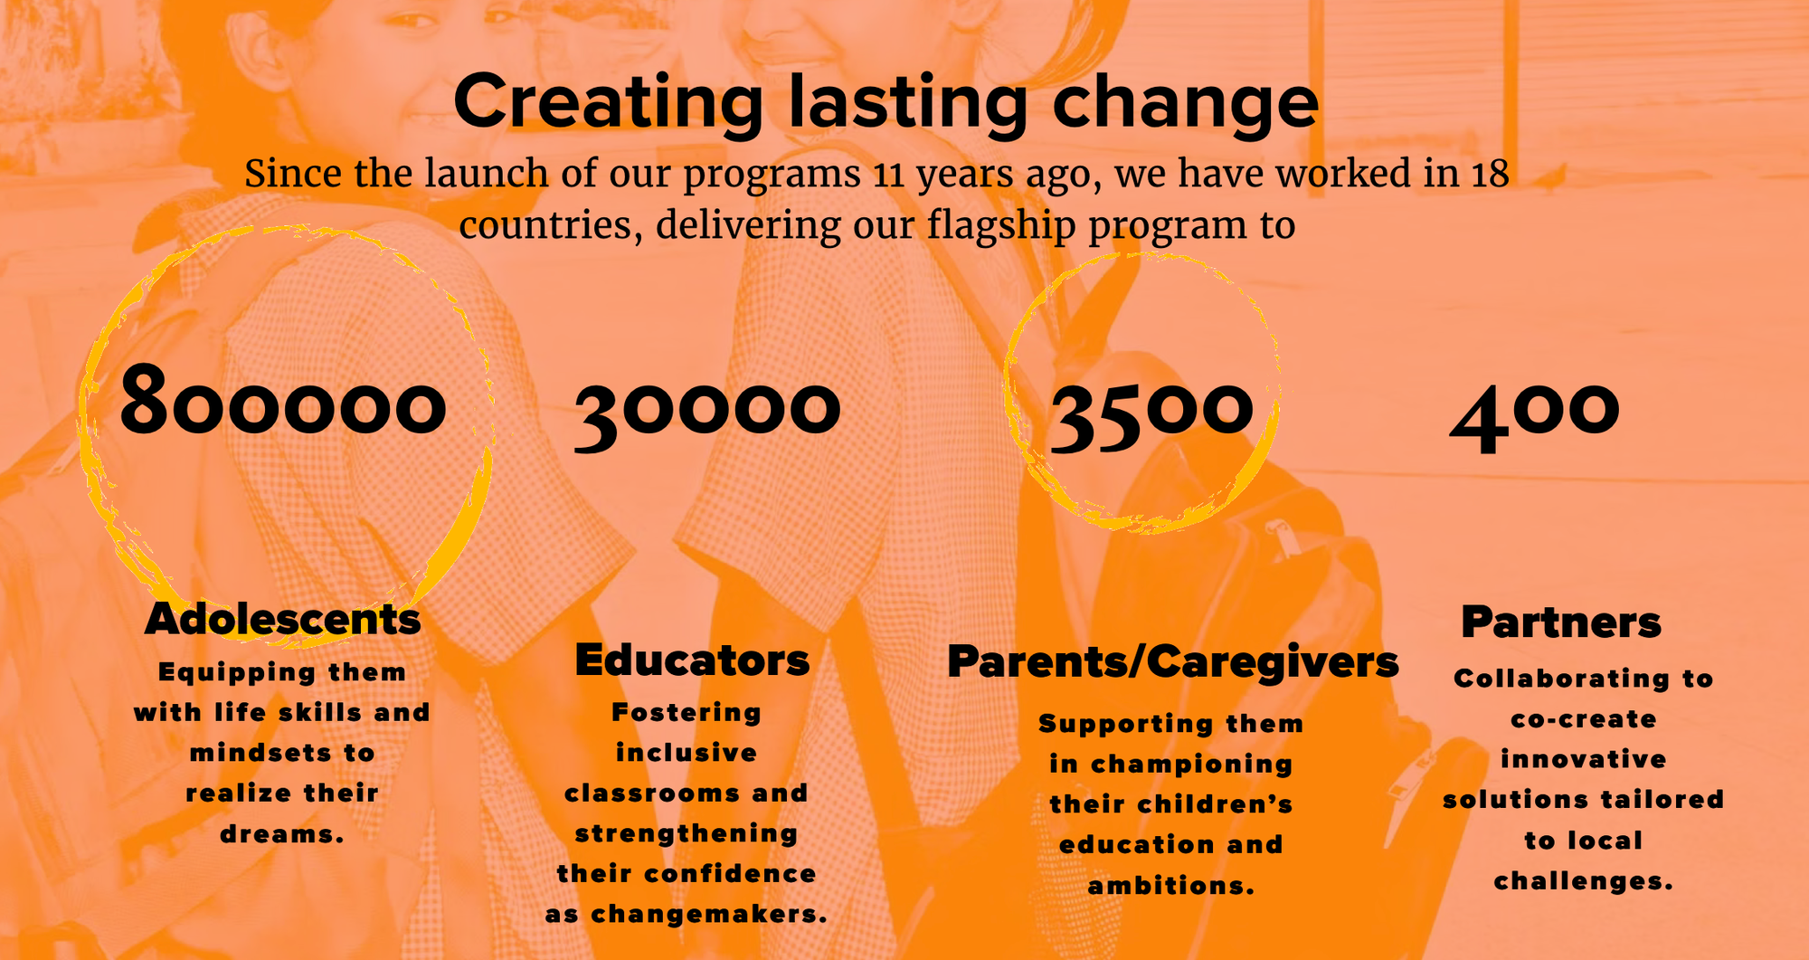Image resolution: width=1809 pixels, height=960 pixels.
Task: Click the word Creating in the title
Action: (609, 102)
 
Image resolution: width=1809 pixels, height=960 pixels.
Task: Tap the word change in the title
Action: (1185, 102)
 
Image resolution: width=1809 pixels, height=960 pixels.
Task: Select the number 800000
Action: (283, 400)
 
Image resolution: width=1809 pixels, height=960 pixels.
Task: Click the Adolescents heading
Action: (283, 620)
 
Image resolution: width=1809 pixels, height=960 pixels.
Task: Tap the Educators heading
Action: (692, 660)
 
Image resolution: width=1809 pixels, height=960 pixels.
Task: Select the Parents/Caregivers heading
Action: (1173, 661)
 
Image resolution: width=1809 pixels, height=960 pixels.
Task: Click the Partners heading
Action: (1561, 622)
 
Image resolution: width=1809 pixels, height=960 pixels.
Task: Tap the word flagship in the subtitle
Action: (1001, 225)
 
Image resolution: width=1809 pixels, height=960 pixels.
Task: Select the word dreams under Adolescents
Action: (281, 833)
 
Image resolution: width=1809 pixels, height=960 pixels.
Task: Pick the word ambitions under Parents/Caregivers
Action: (1170, 885)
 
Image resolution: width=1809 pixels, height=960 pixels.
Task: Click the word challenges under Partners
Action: (1583, 880)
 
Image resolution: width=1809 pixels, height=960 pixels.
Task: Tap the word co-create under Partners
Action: (1584, 719)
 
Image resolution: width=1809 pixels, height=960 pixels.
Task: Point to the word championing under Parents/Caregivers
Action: (1191, 765)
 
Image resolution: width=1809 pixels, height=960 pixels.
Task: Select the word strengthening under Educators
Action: (687, 833)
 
